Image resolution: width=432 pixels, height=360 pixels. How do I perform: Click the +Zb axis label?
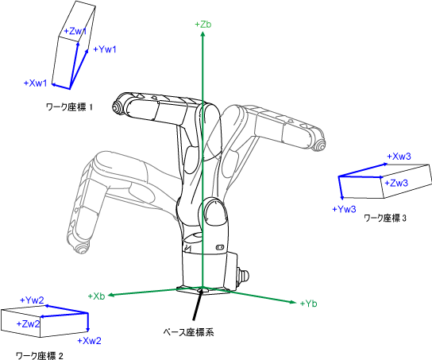click(203, 25)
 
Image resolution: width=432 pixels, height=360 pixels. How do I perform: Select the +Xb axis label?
click(96, 296)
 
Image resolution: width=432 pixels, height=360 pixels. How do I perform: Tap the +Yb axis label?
click(309, 304)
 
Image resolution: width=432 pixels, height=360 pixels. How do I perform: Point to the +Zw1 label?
click(75, 31)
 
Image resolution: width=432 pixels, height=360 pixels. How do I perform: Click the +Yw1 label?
click(105, 49)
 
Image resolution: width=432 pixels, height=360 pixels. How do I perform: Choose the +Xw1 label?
click(36, 83)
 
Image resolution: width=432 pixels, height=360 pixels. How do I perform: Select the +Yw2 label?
click(33, 300)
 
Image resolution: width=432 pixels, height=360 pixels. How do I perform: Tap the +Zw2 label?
click(28, 324)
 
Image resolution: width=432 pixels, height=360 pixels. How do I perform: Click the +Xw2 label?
click(89, 341)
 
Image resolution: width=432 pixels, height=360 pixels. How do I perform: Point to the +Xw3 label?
click(399, 157)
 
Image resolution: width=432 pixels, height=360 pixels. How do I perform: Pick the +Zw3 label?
click(396, 183)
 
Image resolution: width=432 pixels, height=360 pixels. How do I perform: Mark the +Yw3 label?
click(345, 209)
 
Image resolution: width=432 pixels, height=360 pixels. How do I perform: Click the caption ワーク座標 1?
click(69, 107)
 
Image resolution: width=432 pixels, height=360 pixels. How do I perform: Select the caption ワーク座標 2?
click(40, 355)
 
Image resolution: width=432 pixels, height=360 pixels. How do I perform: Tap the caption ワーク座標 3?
click(385, 219)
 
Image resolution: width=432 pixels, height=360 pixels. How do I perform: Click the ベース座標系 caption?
click(188, 332)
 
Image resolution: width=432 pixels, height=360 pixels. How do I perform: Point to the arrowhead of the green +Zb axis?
click(202, 34)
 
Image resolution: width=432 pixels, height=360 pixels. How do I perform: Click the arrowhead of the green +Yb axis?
click(293, 302)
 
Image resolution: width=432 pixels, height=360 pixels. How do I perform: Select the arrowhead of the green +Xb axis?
click(110, 295)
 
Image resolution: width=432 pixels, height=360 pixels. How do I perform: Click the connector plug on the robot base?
click(243, 275)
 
